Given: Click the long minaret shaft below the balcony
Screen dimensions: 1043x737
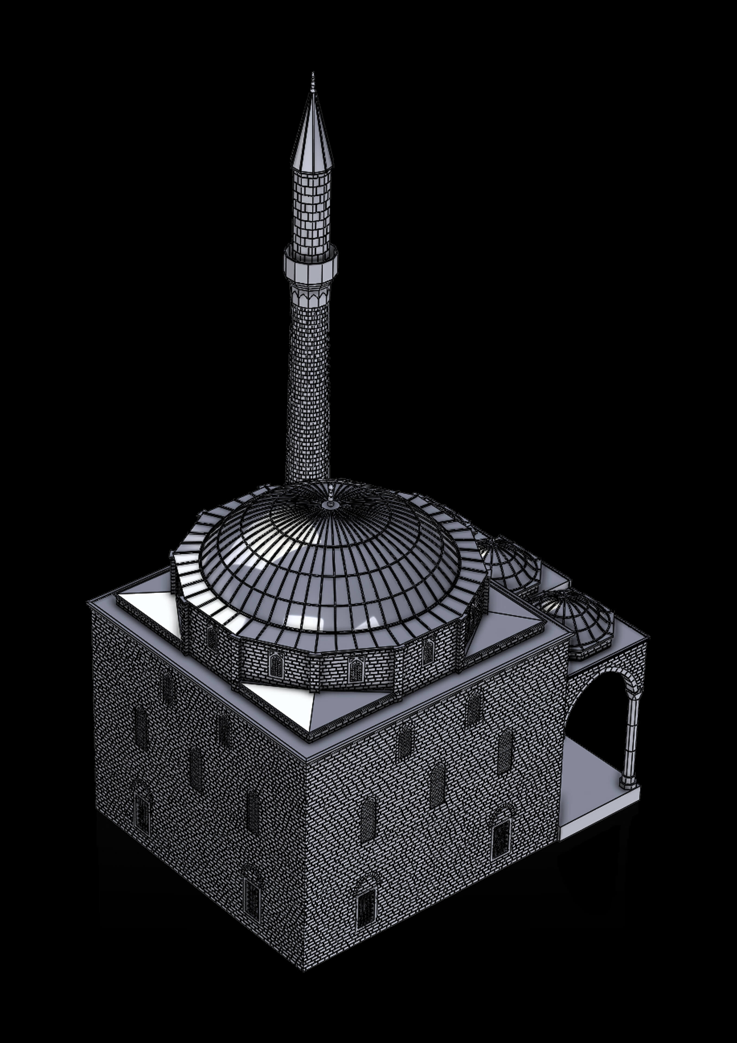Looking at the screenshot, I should click(x=309, y=386).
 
